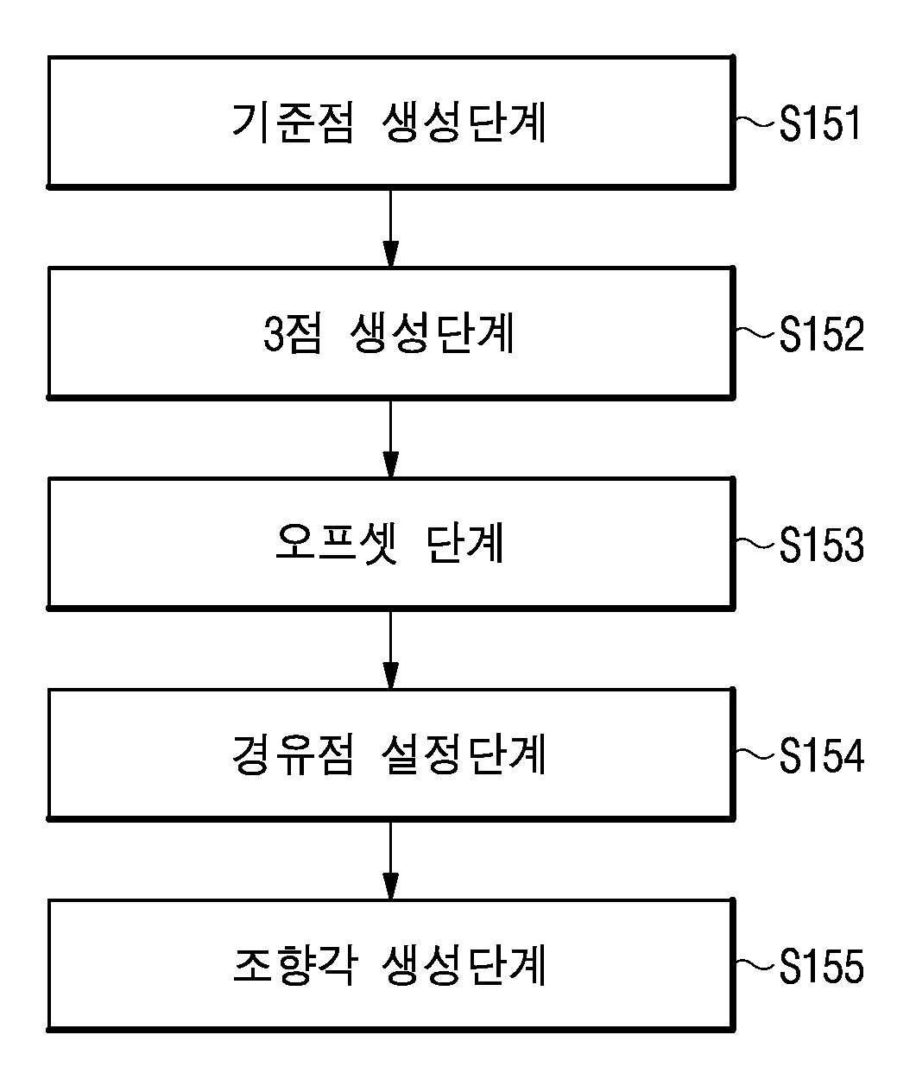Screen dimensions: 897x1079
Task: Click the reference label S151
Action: click(x=819, y=123)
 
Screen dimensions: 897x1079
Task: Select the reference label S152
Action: click(x=822, y=334)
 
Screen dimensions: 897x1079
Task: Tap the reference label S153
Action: click(x=822, y=545)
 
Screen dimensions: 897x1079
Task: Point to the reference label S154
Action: click(x=822, y=755)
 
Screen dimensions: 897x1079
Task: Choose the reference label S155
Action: click(x=822, y=966)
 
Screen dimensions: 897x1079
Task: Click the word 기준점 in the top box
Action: click(x=293, y=123)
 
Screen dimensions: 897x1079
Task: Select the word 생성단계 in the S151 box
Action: click(x=464, y=123)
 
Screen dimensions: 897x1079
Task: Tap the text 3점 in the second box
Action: click(x=292, y=334)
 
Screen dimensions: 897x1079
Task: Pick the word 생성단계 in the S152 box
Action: click(x=432, y=334)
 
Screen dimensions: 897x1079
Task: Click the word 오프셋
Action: click(x=337, y=544)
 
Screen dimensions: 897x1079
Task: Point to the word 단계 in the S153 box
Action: click(x=464, y=544)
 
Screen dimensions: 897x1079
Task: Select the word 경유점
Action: click(x=293, y=755)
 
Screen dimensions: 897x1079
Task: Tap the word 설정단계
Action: click(x=464, y=755)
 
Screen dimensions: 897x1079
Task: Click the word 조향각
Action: click(x=294, y=966)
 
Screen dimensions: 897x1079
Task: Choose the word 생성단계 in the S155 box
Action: click(x=464, y=966)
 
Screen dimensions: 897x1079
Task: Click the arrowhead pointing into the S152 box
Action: click(x=391, y=254)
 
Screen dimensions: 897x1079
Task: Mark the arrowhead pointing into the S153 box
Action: click(x=391, y=464)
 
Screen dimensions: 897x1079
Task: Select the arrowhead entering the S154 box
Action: click(x=391, y=675)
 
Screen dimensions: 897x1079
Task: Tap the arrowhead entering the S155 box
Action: click(x=391, y=887)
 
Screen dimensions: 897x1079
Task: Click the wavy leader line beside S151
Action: click(x=755, y=122)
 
